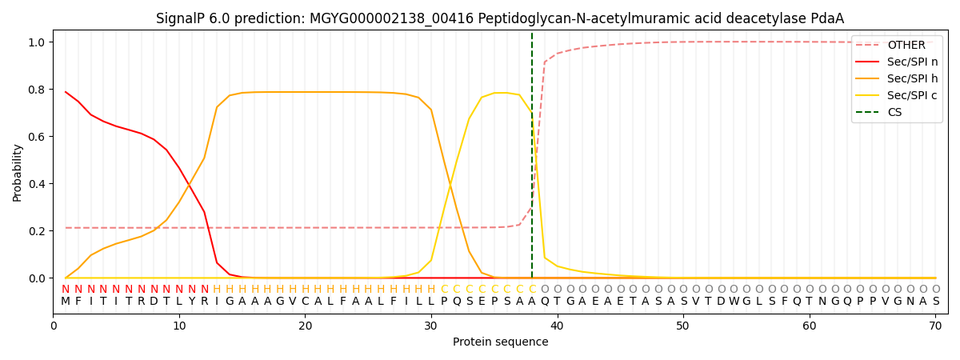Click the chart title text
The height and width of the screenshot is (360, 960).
[x=500, y=18]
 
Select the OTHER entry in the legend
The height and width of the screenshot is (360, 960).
[x=906, y=46]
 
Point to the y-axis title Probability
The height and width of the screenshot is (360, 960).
[x=18, y=172]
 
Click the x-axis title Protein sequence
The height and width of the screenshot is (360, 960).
[x=500, y=342]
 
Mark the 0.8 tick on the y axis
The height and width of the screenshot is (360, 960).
[x=38, y=90]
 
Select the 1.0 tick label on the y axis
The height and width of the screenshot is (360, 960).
[x=38, y=42]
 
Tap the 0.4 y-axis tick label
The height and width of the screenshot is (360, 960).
[x=38, y=184]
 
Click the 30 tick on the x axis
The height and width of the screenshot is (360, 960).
[x=430, y=326]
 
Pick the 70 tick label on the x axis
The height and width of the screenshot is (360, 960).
[x=935, y=326]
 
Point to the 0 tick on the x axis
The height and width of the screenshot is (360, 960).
[x=54, y=326]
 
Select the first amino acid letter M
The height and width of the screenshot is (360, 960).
[x=66, y=302]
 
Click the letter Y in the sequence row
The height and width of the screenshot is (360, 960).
[x=191, y=302]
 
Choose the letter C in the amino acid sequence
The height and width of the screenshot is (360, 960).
[x=305, y=302]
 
